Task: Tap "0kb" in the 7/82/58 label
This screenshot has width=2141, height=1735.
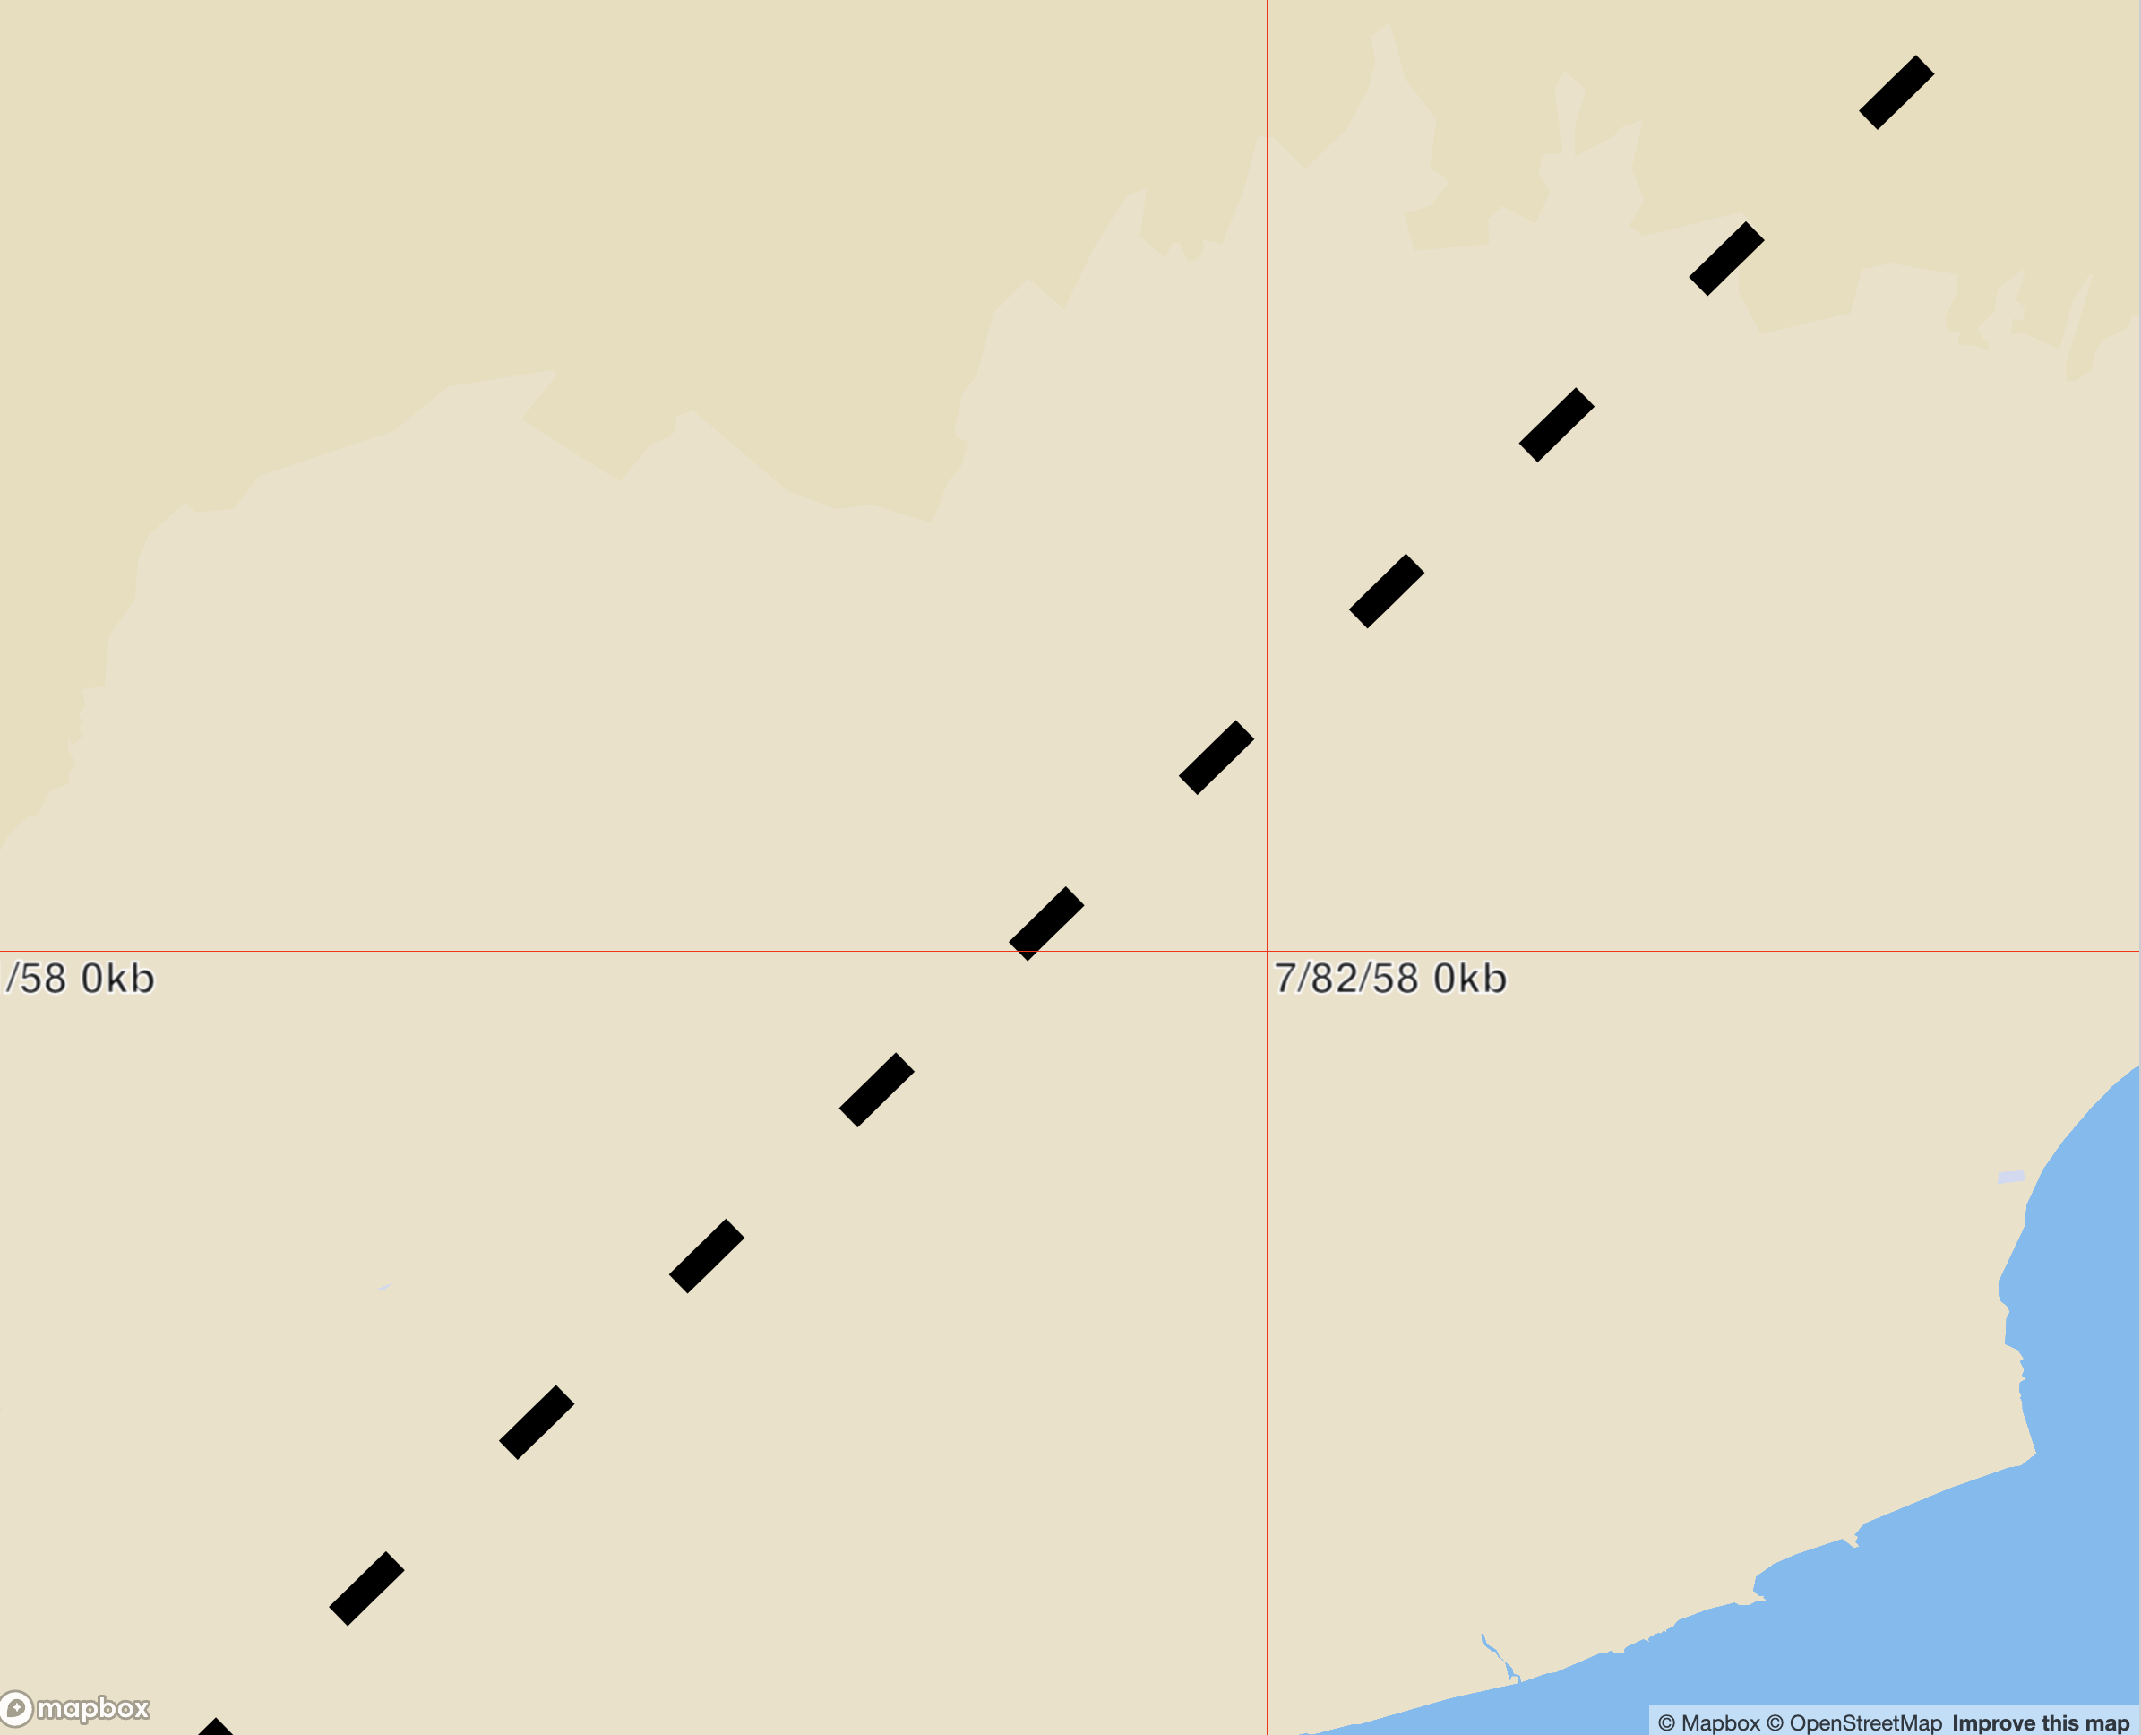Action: (1470, 979)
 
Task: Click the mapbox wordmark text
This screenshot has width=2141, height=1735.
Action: (93, 1708)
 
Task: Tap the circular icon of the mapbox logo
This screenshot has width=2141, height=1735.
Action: (16, 1708)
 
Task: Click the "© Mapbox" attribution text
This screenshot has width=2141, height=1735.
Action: (1708, 1723)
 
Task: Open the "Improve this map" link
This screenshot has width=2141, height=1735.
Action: (2040, 1723)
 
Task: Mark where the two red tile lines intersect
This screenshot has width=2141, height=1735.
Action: (1267, 952)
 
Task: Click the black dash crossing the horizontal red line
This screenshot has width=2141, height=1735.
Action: (1046, 923)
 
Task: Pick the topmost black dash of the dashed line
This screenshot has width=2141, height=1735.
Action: (1896, 92)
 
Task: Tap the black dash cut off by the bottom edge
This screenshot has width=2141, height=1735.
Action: (216, 1727)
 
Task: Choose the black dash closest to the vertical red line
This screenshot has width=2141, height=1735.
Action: (1216, 757)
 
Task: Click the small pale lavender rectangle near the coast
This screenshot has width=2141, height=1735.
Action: (2010, 1178)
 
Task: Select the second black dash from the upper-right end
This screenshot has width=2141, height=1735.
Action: (1726, 259)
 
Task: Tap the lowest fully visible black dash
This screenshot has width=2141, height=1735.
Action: (366, 1589)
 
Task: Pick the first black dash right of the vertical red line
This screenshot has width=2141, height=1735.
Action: (1387, 591)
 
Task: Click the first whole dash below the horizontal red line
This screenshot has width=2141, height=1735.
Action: (876, 1090)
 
